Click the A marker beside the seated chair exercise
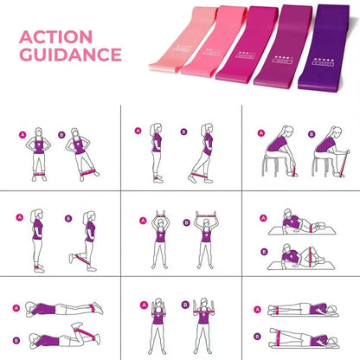coord(259,134)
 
